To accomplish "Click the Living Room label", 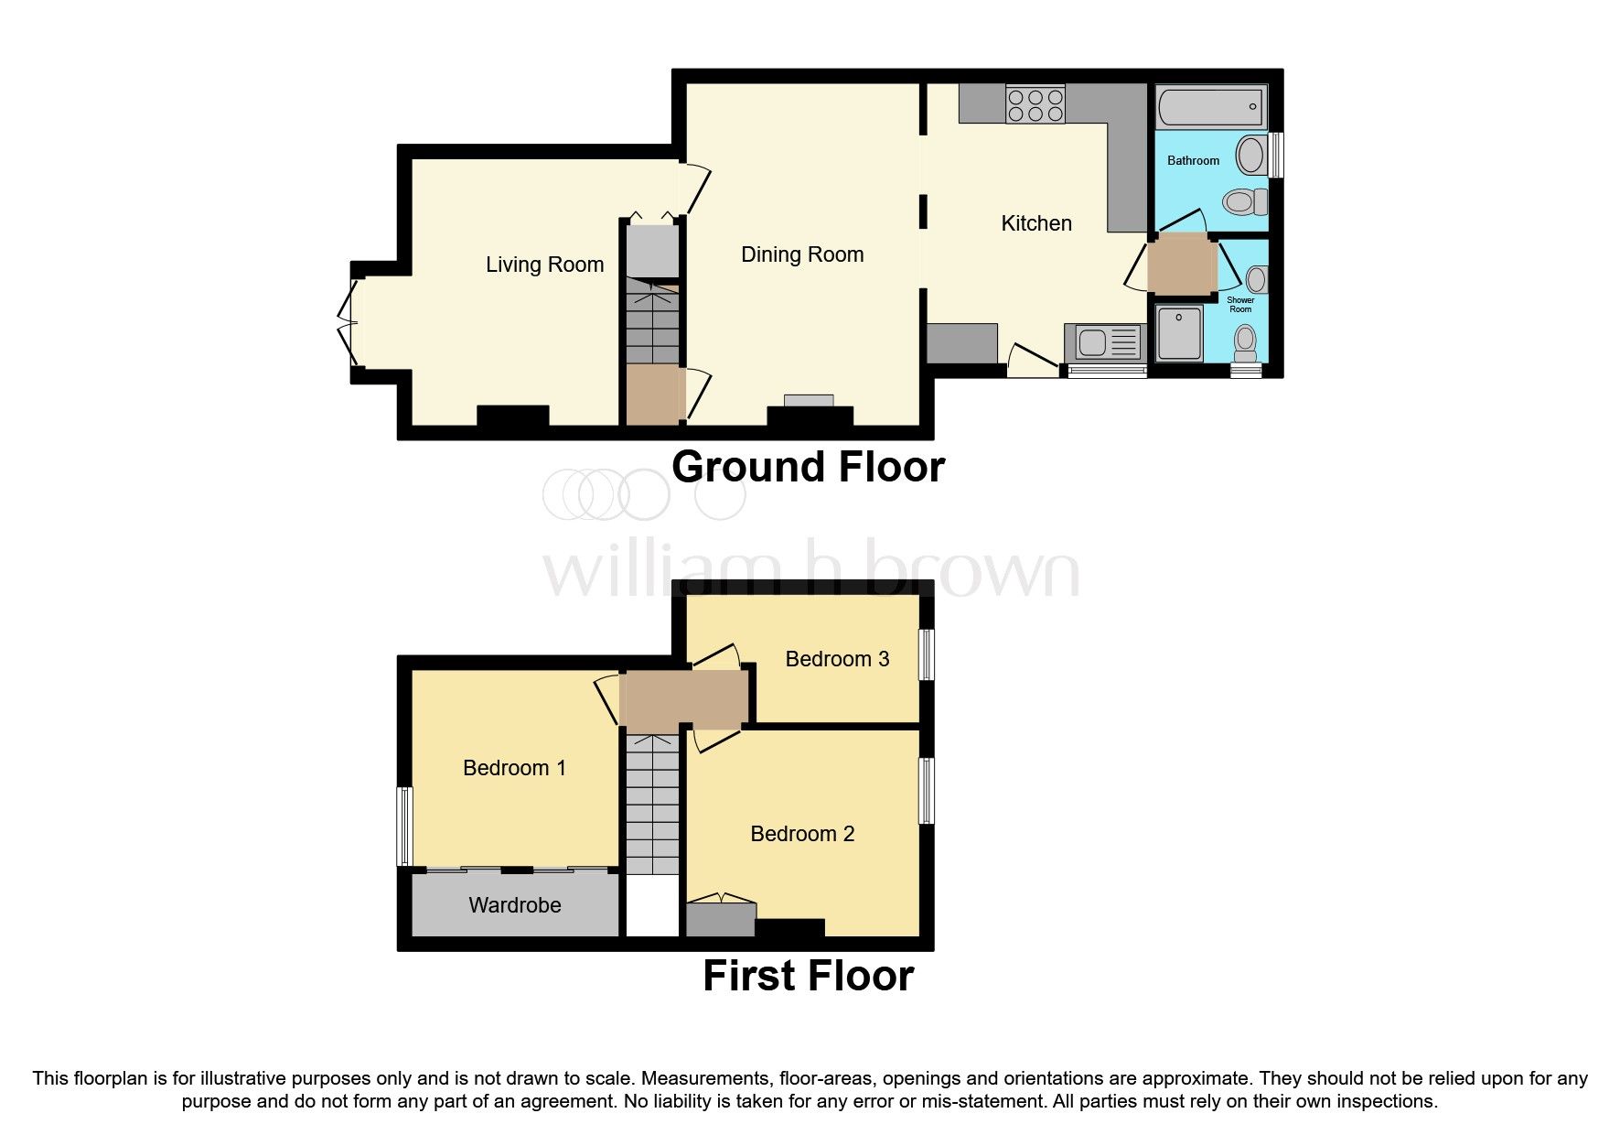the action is click(x=544, y=265).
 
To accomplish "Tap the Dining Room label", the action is click(x=802, y=254).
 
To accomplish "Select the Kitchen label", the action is click(x=1036, y=223).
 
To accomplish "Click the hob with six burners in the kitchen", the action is click(x=1035, y=103).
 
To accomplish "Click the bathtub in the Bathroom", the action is click(x=1211, y=107).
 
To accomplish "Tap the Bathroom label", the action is click(x=1193, y=160).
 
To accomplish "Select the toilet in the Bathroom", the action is click(x=1246, y=201).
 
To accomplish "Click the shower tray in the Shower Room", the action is click(x=1180, y=333).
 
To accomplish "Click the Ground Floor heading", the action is click(x=808, y=467).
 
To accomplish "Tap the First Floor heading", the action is click(x=808, y=976).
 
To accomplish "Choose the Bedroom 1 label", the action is click(x=514, y=768).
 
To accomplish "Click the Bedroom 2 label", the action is click(x=802, y=834).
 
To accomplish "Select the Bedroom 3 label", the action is click(x=837, y=659).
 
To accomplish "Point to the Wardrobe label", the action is click(x=515, y=905).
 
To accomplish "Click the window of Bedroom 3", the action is click(x=927, y=654).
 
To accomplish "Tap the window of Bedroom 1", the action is click(x=403, y=827).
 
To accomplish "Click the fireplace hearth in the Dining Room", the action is click(x=810, y=400).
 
